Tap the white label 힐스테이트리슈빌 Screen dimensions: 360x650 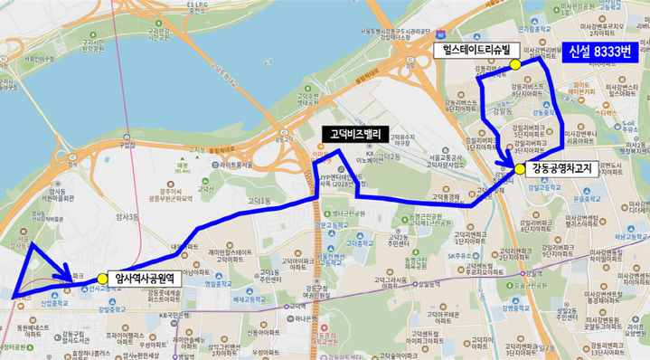click(471, 51)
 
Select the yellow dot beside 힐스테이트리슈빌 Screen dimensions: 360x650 click(514, 65)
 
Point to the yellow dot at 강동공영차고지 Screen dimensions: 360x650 click(520, 168)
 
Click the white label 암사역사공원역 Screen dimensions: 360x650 click(145, 279)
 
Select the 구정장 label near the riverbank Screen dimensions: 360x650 click(127, 144)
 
